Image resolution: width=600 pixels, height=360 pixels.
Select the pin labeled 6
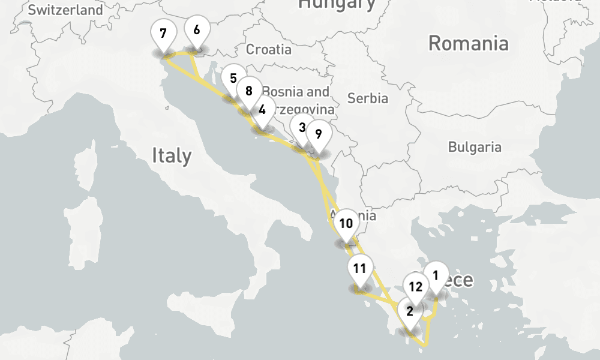(197, 29)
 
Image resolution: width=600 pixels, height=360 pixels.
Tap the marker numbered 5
(233, 79)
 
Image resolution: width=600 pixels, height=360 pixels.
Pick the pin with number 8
(249, 91)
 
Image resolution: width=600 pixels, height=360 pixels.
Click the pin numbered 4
(262, 110)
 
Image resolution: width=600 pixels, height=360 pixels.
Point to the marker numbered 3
(302, 127)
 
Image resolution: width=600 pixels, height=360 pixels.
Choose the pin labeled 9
(319, 134)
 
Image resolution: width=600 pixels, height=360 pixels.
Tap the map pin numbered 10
(346, 224)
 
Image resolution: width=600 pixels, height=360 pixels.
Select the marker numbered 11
(360, 268)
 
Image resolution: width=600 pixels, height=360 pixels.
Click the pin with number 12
(416, 286)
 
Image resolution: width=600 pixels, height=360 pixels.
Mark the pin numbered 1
(436, 275)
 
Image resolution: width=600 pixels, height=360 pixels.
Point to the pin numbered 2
(410, 311)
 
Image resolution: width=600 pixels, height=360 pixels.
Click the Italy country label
(172, 156)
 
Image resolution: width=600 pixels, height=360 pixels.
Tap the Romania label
(469, 43)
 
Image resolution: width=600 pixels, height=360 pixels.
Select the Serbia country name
(368, 98)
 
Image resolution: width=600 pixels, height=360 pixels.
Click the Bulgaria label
(475, 147)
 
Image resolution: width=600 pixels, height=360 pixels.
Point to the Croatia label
(268, 49)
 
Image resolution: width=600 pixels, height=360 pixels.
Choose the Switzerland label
(65, 10)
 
